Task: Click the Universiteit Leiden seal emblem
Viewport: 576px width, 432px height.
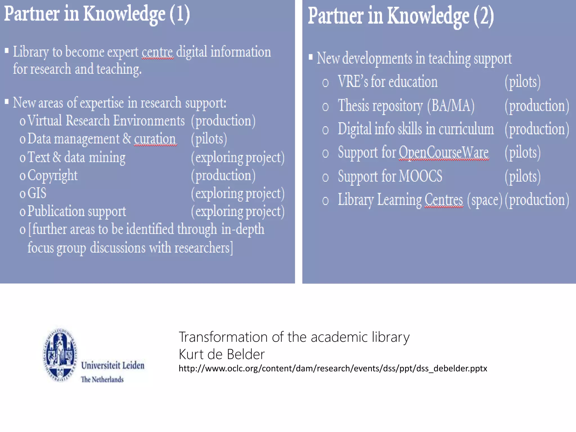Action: [x=60, y=355]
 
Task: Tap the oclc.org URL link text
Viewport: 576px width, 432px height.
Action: [x=333, y=368]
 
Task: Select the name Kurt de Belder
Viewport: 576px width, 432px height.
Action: [x=222, y=354]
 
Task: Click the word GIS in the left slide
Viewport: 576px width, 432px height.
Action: [x=37, y=193]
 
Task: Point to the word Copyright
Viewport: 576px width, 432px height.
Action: [x=53, y=175]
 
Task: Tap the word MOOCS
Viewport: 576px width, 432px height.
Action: [x=420, y=176]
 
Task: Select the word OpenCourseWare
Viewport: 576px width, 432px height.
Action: [x=444, y=152]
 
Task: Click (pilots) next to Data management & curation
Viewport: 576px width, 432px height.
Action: [x=209, y=139]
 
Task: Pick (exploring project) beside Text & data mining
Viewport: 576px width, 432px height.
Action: [x=238, y=157]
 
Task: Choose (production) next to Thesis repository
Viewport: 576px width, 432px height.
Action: [x=537, y=106]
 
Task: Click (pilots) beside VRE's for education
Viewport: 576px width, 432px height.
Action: [x=523, y=82]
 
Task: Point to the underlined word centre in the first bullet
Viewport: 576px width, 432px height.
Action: [x=157, y=52]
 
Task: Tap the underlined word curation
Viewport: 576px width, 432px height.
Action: [x=155, y=139]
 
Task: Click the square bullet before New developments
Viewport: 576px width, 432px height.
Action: [x=310, y=57]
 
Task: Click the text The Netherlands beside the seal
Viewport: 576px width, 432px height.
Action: [x=102, y=379]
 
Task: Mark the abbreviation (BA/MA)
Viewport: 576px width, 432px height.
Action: [x=451, y=106]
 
